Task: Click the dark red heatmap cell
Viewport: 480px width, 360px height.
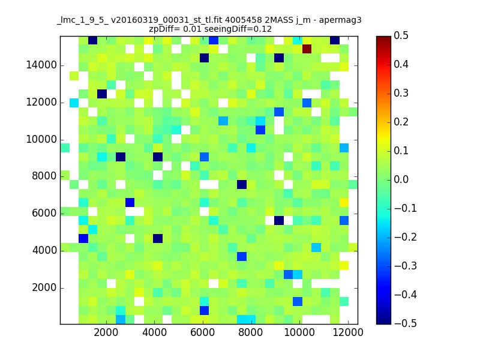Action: tap(307, 49)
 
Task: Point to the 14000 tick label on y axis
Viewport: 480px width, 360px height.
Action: tap(41, 65)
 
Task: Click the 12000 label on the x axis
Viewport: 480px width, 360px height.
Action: tap(348, 332)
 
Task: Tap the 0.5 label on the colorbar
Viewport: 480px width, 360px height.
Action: tap(401, 35)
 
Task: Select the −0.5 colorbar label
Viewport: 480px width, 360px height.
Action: tap(406, 323)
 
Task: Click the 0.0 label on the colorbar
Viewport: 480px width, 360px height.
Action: tap(401, 179)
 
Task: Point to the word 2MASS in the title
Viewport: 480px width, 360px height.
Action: tap(279, 20)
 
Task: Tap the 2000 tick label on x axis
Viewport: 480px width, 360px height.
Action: tap(106, 332)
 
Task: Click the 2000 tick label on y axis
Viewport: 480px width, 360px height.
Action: tap(44, 288)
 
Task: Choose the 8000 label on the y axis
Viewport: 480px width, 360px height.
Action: tap(44, 176)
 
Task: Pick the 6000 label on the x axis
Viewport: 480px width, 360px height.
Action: tap(203, 332)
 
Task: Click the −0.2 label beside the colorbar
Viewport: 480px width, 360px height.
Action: tap(406, 237)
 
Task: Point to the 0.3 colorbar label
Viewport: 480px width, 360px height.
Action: tap(401, 93)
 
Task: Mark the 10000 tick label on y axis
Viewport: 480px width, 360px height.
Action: tap(41, 140)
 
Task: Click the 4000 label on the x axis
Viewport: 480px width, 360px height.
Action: tap(154, 332)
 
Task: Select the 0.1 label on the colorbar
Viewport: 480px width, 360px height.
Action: tap(401, 151)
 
